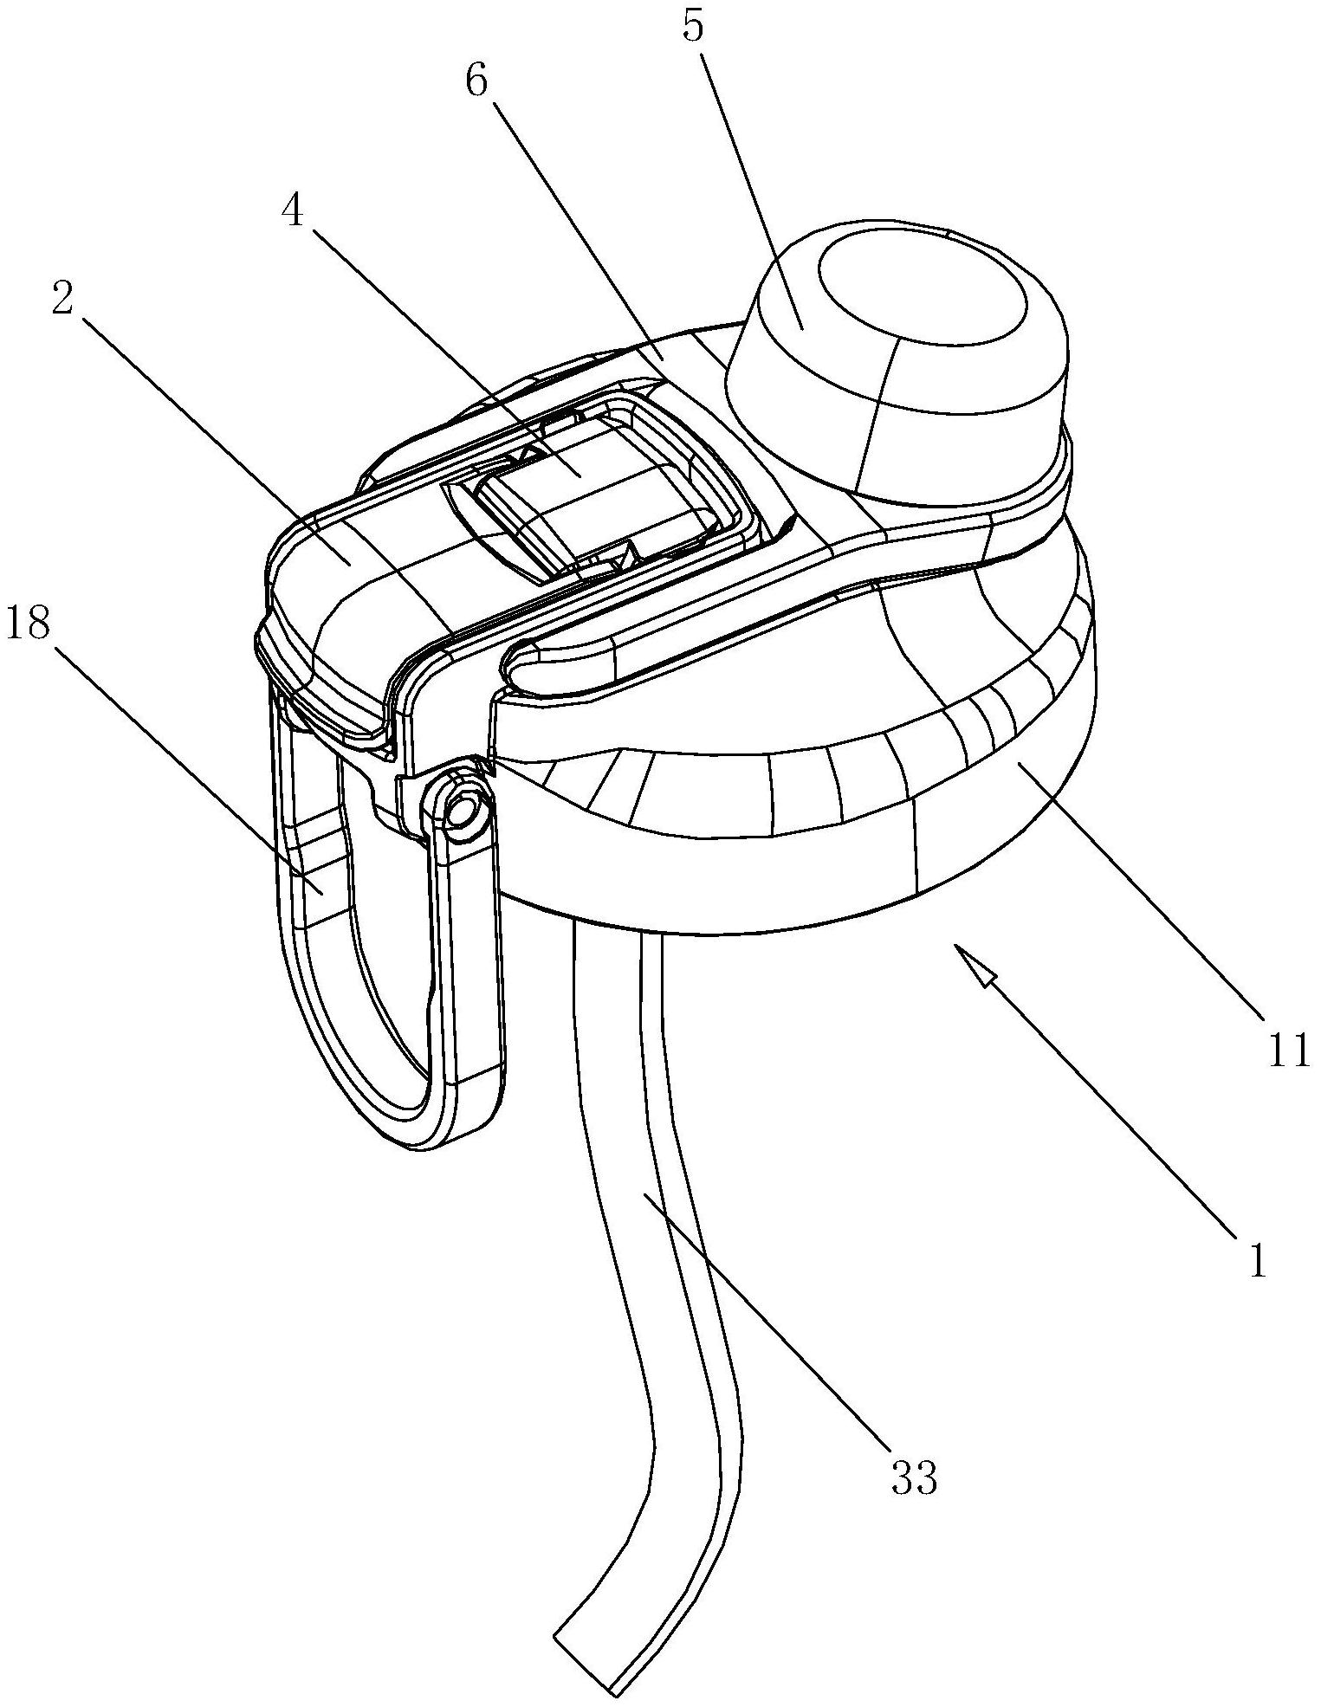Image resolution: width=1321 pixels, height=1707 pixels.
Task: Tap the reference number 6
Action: tap(476, 84)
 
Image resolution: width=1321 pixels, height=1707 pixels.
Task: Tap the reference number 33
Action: tap(913, 1477)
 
